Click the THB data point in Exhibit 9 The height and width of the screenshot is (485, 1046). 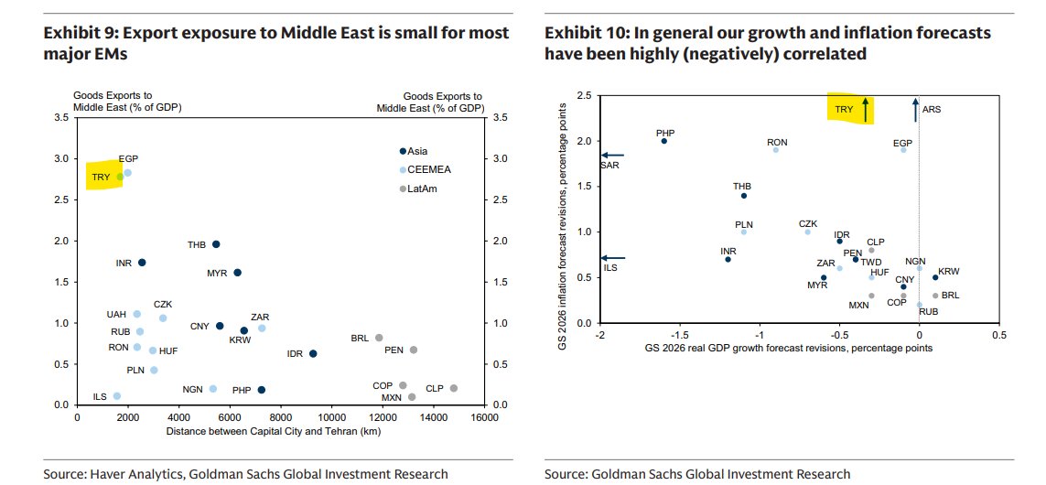coord(216,244)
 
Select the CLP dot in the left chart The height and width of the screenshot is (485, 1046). coord(454,388)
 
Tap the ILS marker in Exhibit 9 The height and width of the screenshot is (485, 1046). coord(116,396)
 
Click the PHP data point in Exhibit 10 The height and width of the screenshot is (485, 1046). coord(664,141)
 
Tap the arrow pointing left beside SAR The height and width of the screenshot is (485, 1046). coord(613,156)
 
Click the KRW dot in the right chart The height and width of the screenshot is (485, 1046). coord(935,277)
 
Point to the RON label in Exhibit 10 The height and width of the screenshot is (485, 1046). coord(777,142)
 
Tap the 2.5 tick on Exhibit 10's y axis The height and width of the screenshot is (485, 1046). coord(583,95)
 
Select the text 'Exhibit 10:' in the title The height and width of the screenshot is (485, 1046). coord(581,33)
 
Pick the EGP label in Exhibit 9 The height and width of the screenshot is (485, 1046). coord(128,159)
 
